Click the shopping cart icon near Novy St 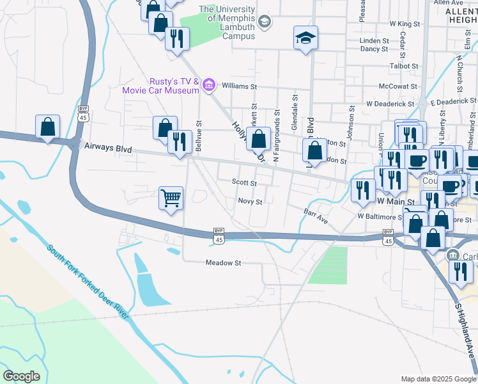point(171,198)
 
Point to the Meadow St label point(223,262)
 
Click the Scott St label point(243,182)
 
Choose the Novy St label point(250,202)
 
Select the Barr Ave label point(316,216)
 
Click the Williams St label point(239,86)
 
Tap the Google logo point(21,376)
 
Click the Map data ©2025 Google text point(438,379)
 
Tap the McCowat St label point(397,86)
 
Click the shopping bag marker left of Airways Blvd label point(48,127)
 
